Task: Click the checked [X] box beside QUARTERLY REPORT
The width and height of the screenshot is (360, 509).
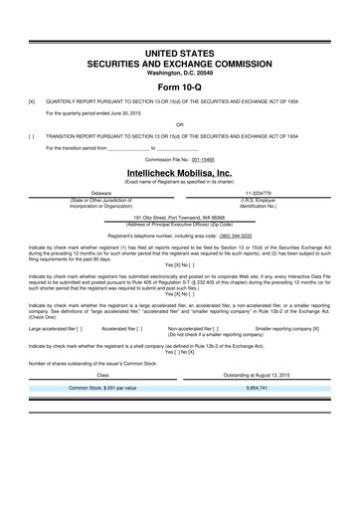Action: tap(32, 101)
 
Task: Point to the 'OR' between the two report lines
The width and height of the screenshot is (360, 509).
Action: tap(179, 124)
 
